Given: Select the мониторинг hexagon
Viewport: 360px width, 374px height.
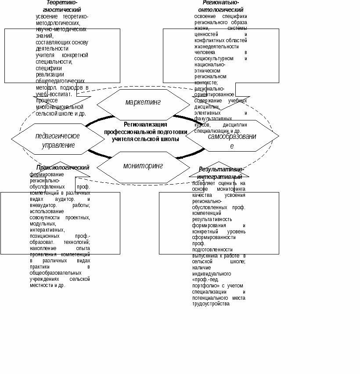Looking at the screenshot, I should [143, 166].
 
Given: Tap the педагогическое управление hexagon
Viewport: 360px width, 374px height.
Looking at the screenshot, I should [58, 140].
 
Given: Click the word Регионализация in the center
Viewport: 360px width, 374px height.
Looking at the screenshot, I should [145, 124].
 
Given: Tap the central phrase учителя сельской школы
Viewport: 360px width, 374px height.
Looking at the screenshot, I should [145, 139].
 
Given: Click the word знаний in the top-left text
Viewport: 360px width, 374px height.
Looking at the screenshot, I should [44, 36].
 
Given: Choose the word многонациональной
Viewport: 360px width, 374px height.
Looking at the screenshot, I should [59, 107].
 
